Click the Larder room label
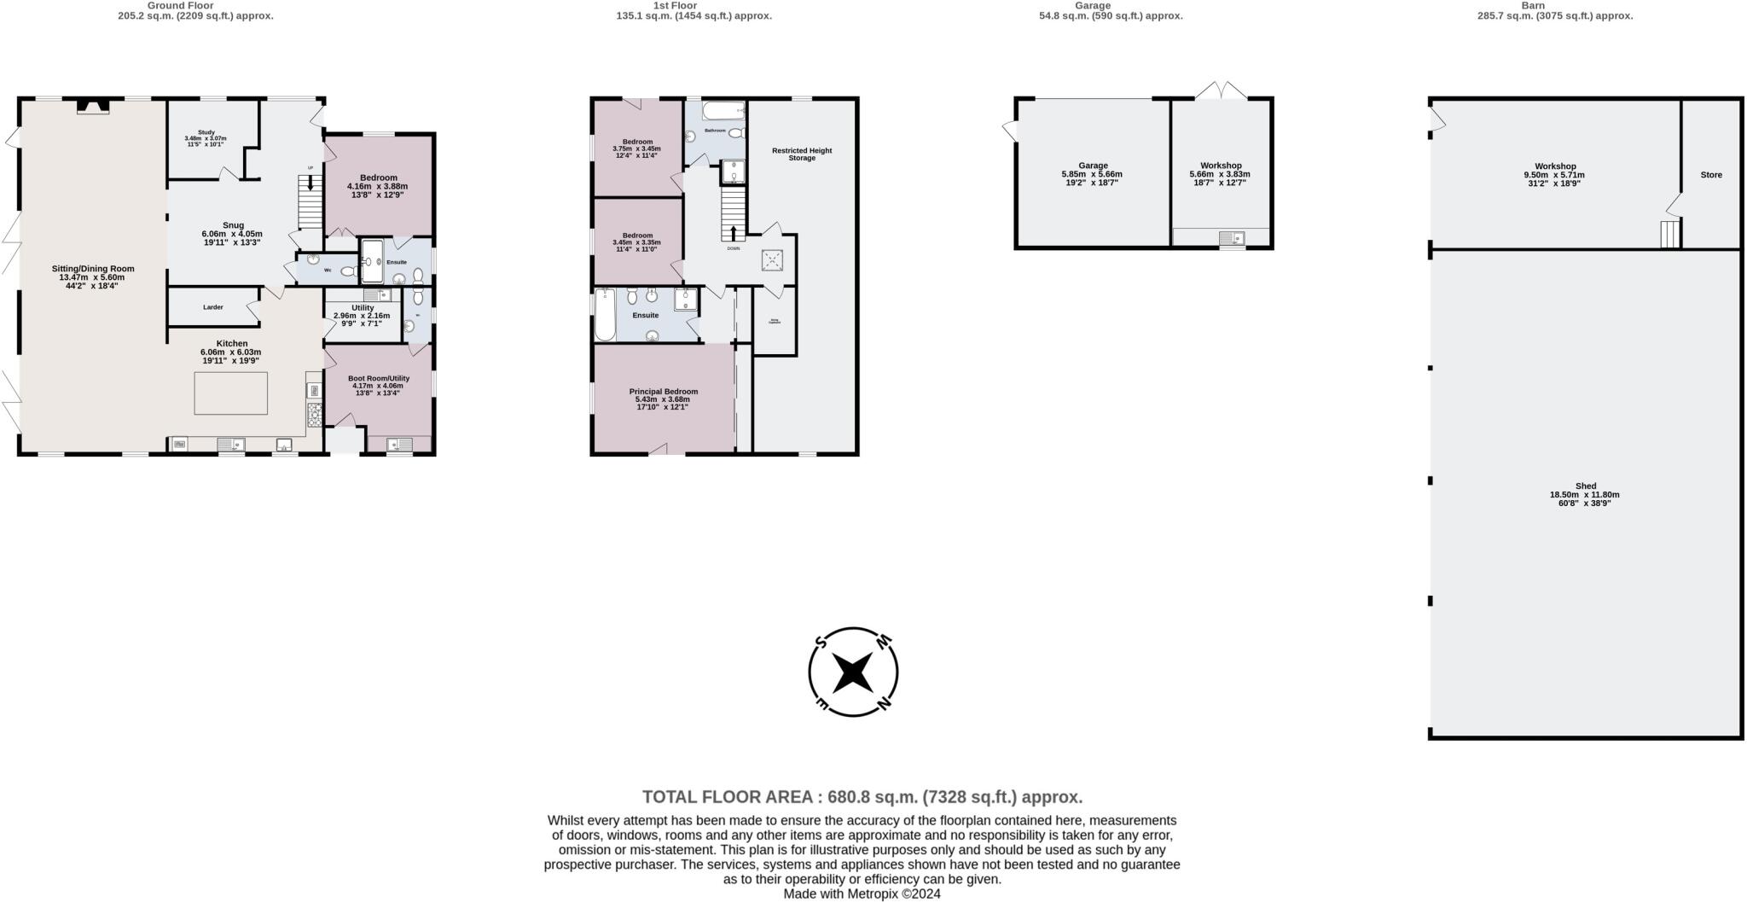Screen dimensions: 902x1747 pos(213,307)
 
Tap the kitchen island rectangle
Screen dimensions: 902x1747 pos(230,393)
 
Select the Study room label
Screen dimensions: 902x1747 pos(206,132)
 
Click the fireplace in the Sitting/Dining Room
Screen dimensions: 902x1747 pos(92,106)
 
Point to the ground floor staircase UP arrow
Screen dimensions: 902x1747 pos(310,182)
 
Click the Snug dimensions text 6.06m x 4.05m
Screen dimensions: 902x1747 pos(232,234)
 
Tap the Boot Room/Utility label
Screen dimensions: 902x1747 pos(379,378)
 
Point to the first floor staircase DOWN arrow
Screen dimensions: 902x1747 pos(734,232)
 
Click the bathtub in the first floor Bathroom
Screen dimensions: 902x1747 pos(723,110)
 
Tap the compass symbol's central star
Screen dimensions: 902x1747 pos(852,672)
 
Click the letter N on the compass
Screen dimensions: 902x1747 pos(884,704)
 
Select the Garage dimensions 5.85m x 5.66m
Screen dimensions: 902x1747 pos(1092,174)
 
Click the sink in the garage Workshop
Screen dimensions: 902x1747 pos(1231,238)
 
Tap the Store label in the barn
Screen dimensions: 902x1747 pos(1710,175)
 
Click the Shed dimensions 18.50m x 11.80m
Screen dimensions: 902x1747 pos(1584,495)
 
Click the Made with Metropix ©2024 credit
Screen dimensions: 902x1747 pos(862,894)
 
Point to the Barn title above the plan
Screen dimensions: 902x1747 pos(1533,5)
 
